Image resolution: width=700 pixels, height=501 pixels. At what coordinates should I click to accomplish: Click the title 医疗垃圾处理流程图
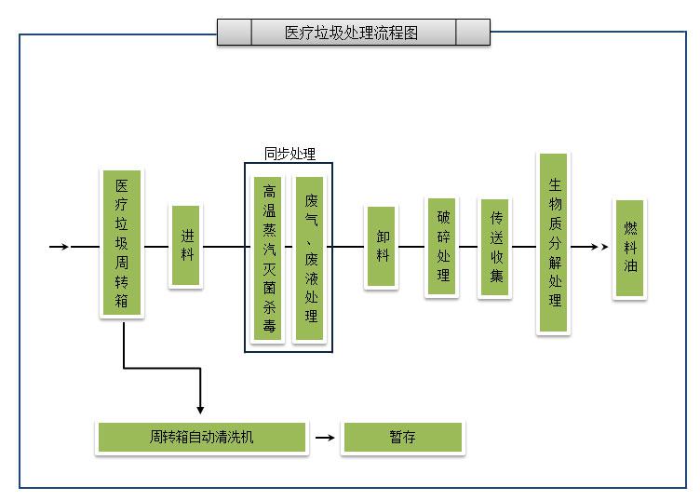click(353, 33)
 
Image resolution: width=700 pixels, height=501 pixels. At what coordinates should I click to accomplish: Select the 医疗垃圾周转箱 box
click(122, 243)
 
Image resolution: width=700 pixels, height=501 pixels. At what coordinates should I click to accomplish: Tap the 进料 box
click(186, 246)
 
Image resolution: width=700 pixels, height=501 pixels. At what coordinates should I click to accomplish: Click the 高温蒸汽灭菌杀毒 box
click(269, 258)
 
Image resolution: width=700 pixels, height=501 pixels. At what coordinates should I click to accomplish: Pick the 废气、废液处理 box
click(310, 258)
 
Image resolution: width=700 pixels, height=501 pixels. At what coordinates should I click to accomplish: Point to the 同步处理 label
click(289, 155)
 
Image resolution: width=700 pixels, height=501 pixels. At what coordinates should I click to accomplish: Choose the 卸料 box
click(381, 247)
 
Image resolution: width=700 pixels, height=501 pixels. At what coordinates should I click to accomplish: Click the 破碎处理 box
click(442, 246)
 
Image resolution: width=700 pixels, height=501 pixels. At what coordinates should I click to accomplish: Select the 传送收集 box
click(495, 247)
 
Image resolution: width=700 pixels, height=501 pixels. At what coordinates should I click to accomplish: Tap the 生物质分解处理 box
click(554, 243)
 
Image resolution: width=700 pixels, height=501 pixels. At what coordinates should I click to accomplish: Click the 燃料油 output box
click(630, 248)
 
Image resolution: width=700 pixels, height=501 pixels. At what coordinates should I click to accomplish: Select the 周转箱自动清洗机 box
click(201, 437)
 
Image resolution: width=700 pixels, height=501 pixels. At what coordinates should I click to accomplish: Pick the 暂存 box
click(402, 437)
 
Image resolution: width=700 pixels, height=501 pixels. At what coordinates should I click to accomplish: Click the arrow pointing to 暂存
click(324, 437)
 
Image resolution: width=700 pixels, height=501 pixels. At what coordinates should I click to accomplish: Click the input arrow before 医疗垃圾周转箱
click(59, 247)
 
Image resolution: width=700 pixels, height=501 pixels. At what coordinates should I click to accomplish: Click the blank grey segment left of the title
click(235, 33)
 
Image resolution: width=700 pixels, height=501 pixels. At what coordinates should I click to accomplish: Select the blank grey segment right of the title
click(473, 33)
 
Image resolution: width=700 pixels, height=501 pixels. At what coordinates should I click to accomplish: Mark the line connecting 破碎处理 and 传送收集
click(468, 247)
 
